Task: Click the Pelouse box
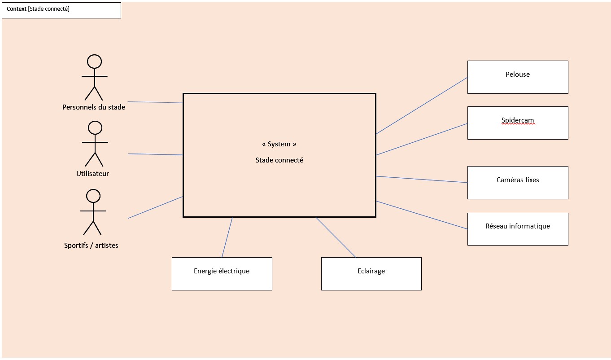point(518,77)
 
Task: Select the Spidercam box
point(518,123)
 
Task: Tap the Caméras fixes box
point(518,183)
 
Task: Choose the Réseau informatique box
point(518,229)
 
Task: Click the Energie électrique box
point(222,274)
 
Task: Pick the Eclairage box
point(371,274)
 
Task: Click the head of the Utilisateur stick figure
point(95,128)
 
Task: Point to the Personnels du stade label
point(94,107)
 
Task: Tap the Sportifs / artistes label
point(91,246)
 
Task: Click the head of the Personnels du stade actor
point(94,61)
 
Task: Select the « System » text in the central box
point(279,144)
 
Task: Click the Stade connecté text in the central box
point(279,160)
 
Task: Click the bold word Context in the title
point(16,9)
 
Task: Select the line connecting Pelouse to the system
point(422,105)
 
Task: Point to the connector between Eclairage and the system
point(336,237)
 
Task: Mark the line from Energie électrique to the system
point(227,237)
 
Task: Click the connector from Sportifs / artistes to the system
point(155,207)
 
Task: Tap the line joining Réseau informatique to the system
point(422,215)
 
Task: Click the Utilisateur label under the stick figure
point(92,174)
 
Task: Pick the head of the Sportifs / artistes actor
point(93,196)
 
